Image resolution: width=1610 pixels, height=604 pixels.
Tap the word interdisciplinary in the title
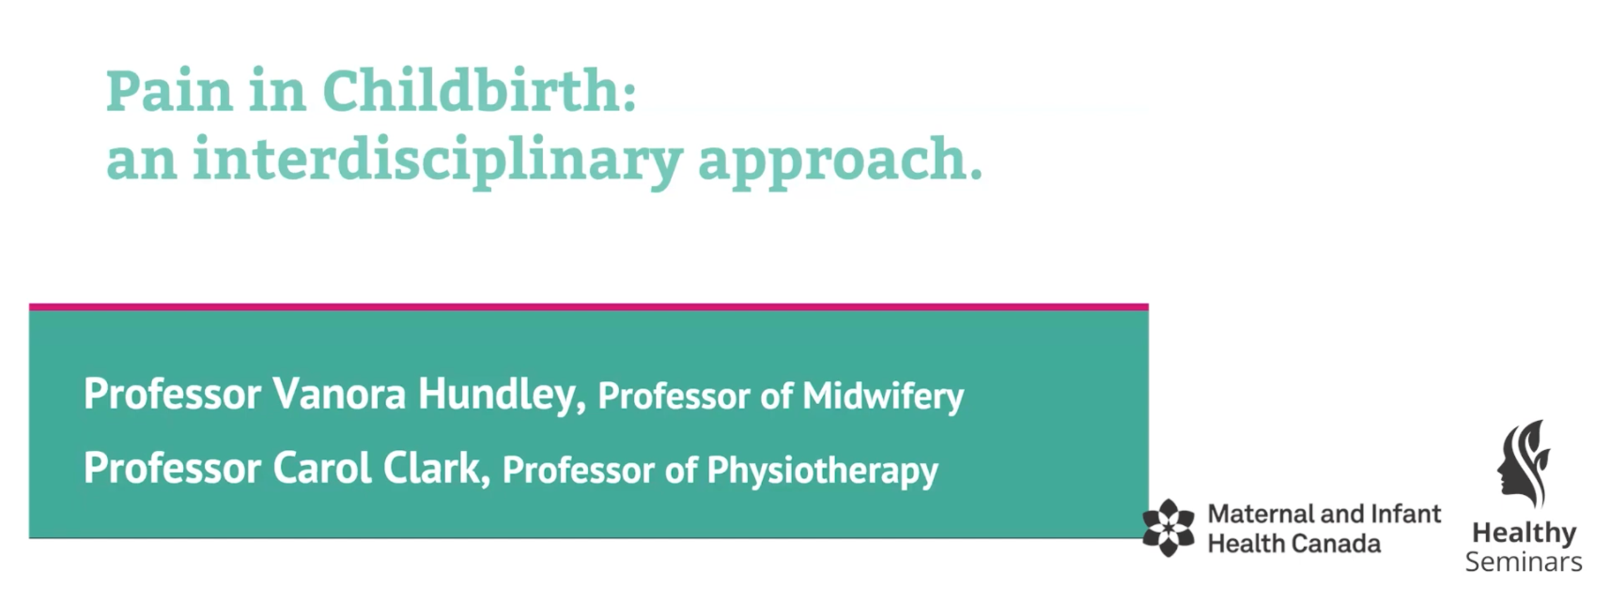(x=437, y=161)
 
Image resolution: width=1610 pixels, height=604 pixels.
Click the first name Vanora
(x=339, y=394)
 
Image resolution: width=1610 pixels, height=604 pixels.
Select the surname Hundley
(x=501, y=395)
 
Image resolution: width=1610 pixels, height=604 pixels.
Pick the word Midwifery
(x=883, y=397)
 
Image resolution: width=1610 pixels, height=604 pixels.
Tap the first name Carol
(x=322, y=468)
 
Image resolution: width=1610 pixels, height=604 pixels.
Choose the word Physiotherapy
(x=823, y=471)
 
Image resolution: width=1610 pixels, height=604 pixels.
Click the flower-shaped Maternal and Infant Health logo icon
(x=1168, y=528)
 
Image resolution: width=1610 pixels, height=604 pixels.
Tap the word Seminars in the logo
(x=1524, y=562)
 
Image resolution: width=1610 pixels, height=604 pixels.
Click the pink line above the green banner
(x=589, y=307)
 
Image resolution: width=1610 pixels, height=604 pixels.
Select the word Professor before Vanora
(x=173, y=394)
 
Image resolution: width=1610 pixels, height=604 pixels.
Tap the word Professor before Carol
(x=173, y=469)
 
